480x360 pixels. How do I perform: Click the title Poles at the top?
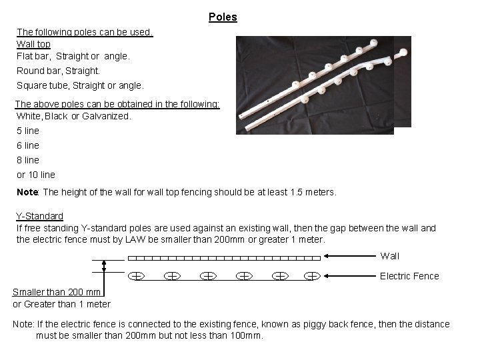(x=223, y=17)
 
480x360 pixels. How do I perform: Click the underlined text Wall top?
(x=33, y=44)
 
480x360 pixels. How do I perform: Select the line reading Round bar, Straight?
(x=58, y=70)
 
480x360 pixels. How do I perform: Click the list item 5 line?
(x=28, y=131)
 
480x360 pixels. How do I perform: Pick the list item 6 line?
(x=28, y=145)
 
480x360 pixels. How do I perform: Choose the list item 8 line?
(x=28, y=160)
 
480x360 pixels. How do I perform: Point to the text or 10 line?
(x=36, y=175)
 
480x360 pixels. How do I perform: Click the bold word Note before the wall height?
(x=27, y=192)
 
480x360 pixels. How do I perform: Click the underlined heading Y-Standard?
(x=40, y=216)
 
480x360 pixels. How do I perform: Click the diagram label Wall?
(x=390, y=256)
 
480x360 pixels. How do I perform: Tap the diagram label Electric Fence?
(x=409, y=276)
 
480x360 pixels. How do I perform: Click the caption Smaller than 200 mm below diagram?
(x=57, y=292)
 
